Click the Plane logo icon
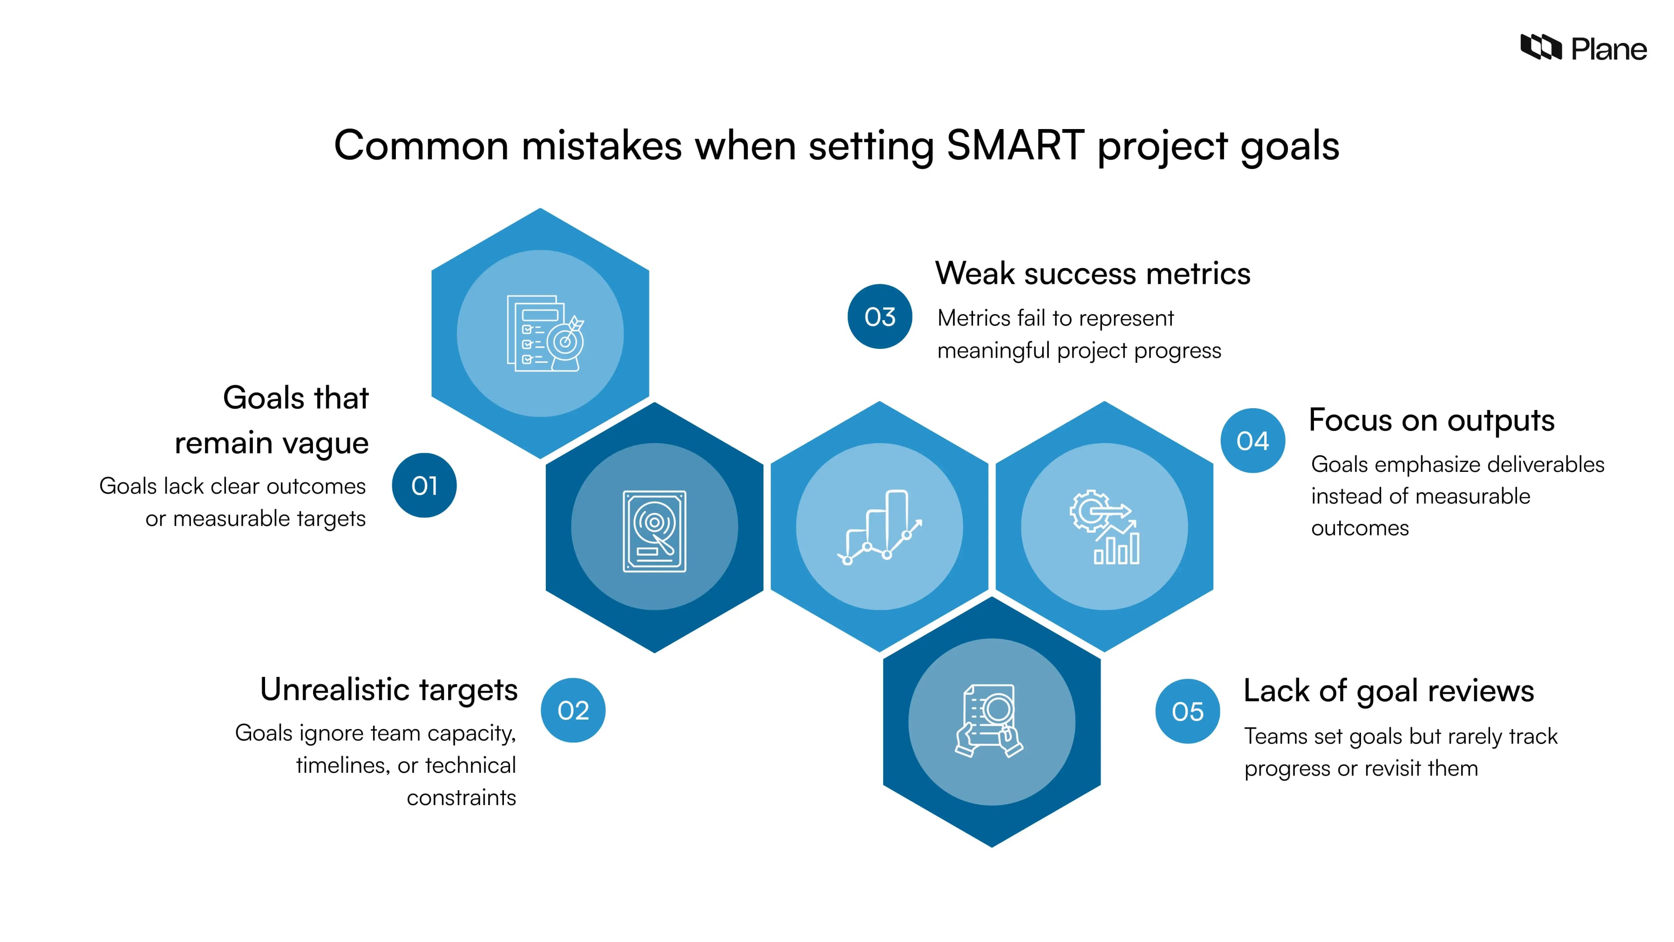point(1541,48)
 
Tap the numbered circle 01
point(424,486)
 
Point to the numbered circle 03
point(880,317)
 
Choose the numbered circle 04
point(1253,441)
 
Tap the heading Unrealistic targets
point(388,690)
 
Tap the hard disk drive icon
point(654,531)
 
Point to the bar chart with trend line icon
point(879,526)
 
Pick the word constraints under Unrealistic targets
point(461,797)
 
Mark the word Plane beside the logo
point(1609,49)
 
